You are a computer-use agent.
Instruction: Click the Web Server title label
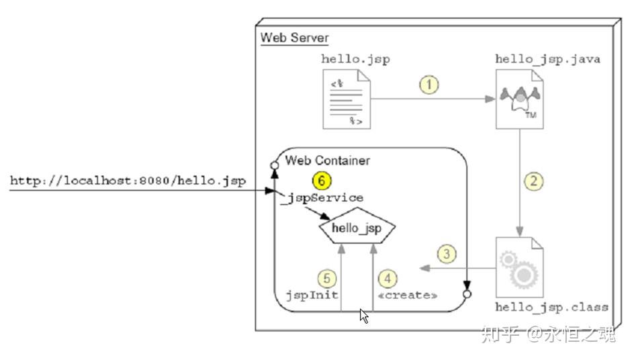tap(294, 38)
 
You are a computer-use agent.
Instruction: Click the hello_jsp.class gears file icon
tap(519, 269)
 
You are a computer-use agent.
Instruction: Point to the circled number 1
tap(429, 85)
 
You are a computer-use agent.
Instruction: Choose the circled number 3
tap(447, 255)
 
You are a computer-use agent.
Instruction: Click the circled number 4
tap(387, 277)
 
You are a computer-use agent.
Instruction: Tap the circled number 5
tap(326, 277)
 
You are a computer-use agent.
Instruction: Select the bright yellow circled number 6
tap(322, 181)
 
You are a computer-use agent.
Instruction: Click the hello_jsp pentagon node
tap(356, 229)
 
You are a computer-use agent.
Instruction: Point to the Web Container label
tap(327, 161)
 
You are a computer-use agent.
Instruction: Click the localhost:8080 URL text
tap(128, 181)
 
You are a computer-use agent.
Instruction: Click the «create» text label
tap(408, 295)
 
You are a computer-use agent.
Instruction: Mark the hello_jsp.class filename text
tap(551, 307)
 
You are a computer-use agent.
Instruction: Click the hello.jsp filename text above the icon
tap(355, 59)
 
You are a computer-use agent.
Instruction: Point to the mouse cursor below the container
tap(364, 315)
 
